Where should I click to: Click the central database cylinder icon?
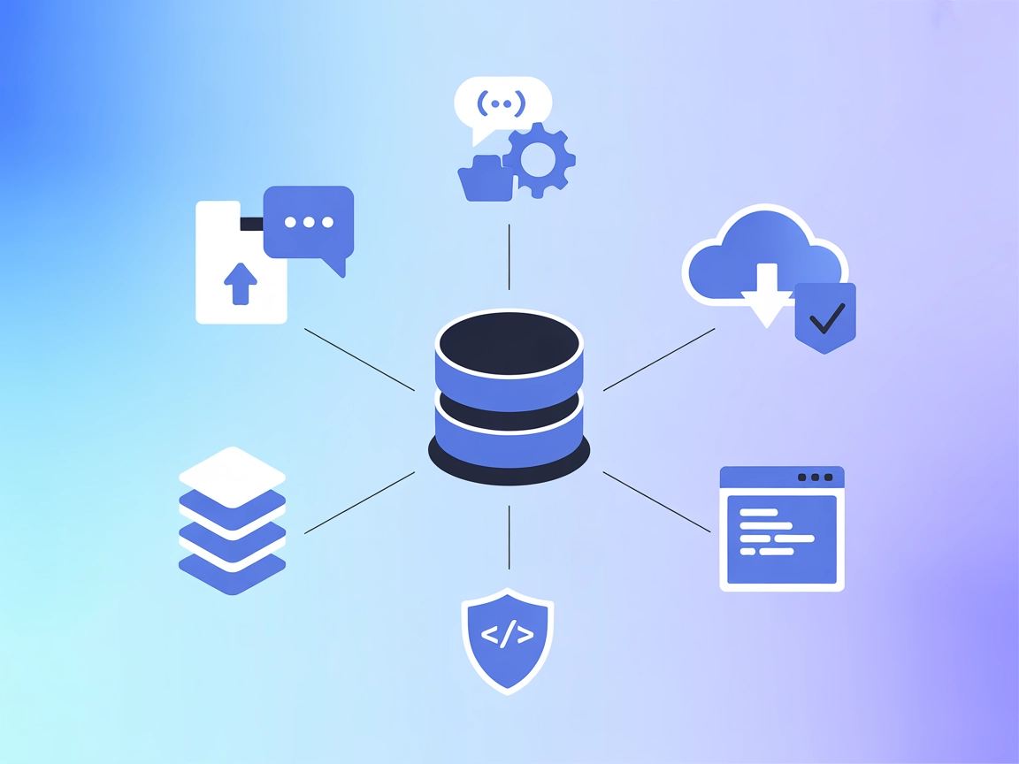coord(509,398)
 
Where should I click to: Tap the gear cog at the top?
coord(539,159)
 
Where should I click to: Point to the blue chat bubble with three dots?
coord(310,223)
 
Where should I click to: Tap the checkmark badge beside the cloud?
coord(825,317)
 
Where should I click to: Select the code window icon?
coord(782,529)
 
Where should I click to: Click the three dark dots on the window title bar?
coord(815,477)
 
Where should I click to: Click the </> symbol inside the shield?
coord(508,635)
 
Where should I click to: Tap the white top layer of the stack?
coord(232,477)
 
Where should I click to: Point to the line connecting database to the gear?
coord(509,256)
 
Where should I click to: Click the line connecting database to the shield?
coord(509,537)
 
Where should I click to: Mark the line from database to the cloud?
coord(659,359)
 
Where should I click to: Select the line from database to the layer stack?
coord(359,502)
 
